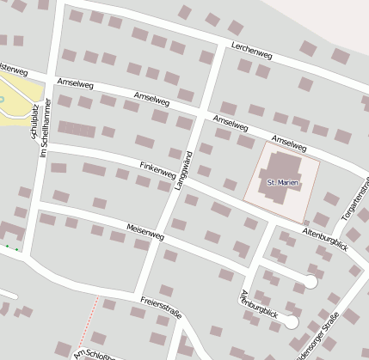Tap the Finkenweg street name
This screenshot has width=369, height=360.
pos(157,168)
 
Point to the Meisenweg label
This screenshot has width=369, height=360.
pos(145,232)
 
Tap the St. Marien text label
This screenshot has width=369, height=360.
pos(281,183)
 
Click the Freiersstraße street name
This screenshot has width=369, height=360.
pos(161,308)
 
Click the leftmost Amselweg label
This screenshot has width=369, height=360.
pos(74,84)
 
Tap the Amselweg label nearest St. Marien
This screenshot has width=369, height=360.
pos(289,143)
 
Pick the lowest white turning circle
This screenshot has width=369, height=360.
pos(292,322)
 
